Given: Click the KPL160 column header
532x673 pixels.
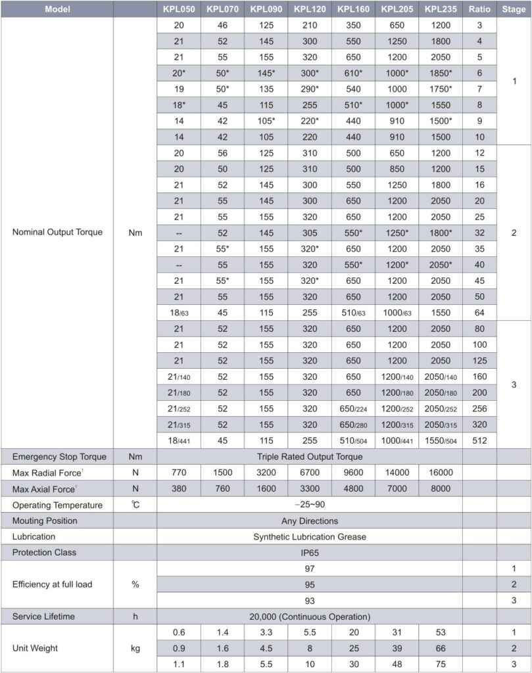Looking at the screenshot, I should point(353,9).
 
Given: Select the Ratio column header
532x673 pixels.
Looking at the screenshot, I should point(479,9).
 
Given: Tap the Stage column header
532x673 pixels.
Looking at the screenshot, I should point(514,9).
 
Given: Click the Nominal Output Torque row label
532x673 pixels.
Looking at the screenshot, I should point(57,232).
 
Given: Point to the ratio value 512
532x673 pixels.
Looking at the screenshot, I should point(479,440).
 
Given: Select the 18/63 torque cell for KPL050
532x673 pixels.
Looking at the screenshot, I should point(178,312).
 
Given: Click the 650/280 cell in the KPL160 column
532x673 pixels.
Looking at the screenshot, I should point(353,423).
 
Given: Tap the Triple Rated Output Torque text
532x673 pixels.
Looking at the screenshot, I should point(309,457).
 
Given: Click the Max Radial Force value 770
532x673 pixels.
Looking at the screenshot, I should point(178,473).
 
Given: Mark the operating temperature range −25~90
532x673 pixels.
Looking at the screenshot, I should point(309,505).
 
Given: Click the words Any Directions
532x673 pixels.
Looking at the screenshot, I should point(309,521).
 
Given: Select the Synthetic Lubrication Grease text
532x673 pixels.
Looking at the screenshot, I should point(309,536).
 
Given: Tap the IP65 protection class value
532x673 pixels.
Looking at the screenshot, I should point(309,552).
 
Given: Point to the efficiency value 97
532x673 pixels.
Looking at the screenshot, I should point(309,568).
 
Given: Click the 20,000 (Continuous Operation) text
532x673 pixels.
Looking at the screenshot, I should point(309,616).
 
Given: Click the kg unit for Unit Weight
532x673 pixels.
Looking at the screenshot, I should point(135,648).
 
